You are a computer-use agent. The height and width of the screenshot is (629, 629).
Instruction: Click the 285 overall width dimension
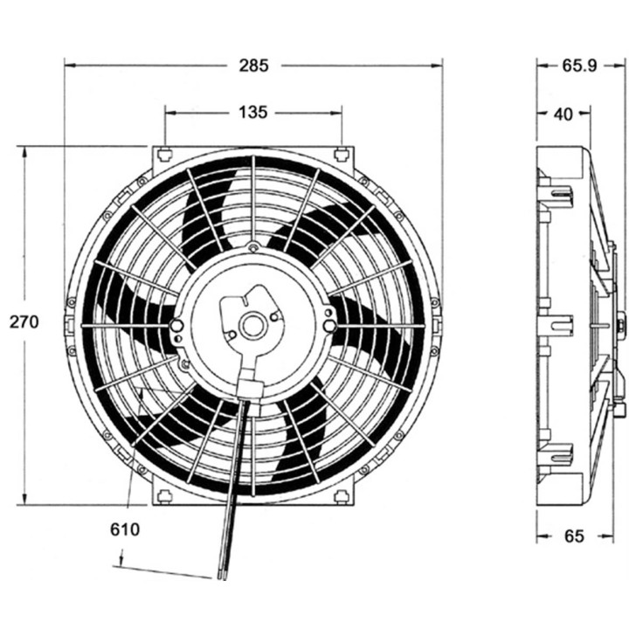coord(254,65)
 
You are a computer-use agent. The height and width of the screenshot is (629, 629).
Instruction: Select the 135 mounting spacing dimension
coord(252,112)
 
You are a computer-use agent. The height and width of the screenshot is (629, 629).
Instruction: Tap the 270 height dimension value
coord(24,321)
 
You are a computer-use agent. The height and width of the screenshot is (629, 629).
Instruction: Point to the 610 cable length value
coord(125,529)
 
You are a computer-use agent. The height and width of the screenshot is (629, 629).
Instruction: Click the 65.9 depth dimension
coord(579,65)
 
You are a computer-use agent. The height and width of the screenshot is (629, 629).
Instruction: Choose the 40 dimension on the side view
coord(563,112)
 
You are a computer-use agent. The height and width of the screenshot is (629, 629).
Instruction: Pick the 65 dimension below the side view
coord(573,536)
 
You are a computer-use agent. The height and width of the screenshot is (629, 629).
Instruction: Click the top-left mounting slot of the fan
coord(164,156)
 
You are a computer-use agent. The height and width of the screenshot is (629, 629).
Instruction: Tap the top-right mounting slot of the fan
coord(342,156)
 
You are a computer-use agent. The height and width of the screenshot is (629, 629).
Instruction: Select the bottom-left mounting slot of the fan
coord(164,496)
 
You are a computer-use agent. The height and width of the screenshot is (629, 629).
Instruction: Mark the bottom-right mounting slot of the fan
coord(342,496)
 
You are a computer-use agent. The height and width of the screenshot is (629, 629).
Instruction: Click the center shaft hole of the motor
coord(252,327)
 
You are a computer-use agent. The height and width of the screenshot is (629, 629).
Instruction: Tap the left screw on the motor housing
coord(177,326)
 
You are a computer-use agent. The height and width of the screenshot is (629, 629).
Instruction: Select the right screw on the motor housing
coord(328,326)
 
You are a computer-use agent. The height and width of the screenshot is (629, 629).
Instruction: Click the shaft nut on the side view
coord(621,326)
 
